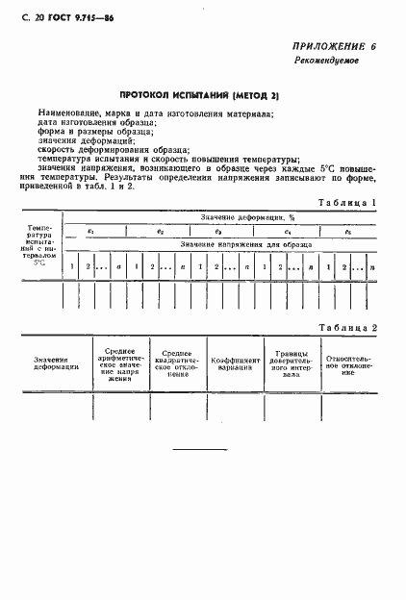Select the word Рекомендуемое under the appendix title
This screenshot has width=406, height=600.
click(327, 61)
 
